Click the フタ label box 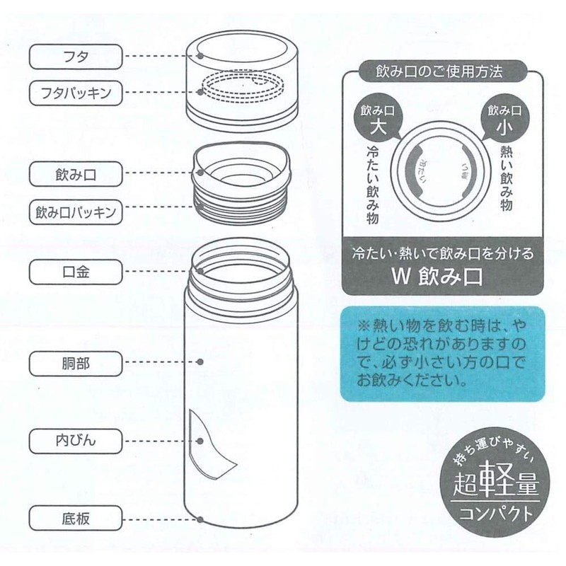pos(71,54)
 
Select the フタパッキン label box pos(71,91)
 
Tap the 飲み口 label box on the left pos(71,172)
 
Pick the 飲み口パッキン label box pos(71,210)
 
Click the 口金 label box pos(71,270)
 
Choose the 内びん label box pos(71,440)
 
